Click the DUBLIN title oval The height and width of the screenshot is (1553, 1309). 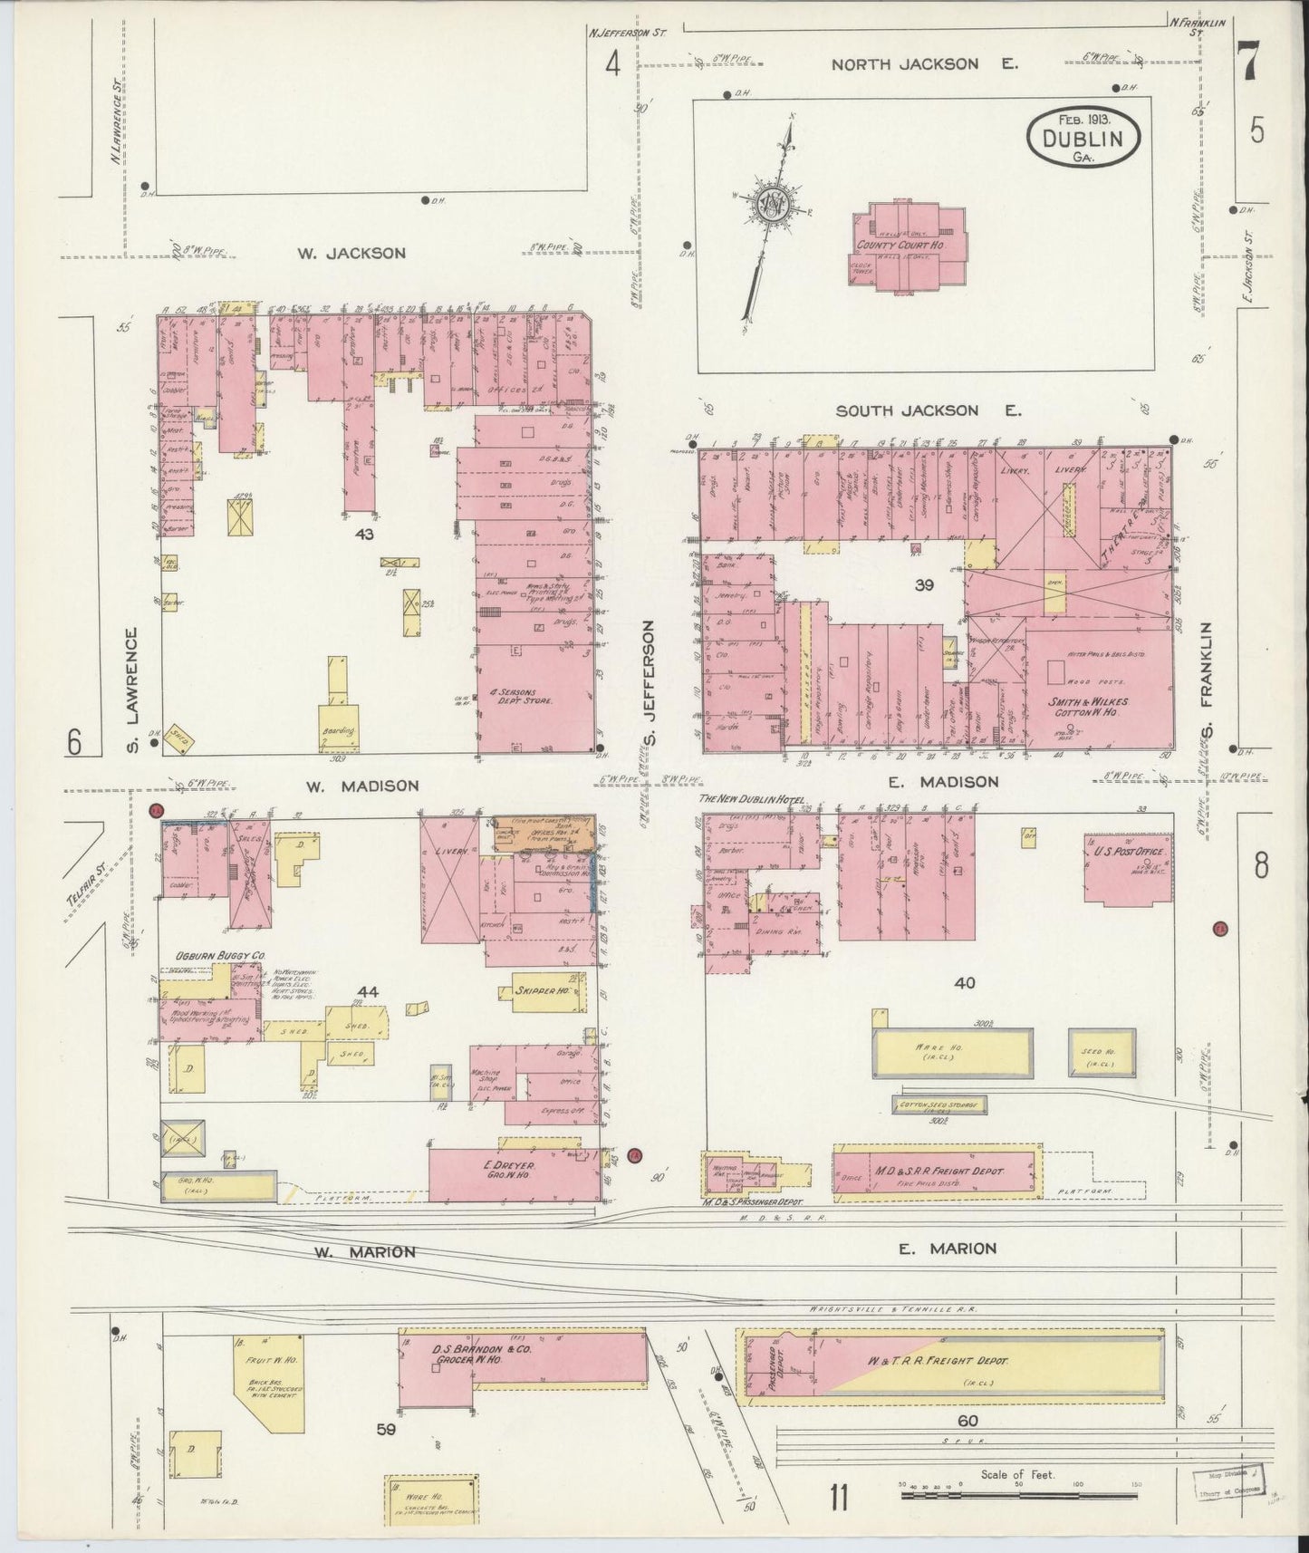[x=1083, y=139]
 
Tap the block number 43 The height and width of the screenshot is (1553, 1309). [x=364, y=535]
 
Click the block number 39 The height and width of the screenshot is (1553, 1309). [x=924, y=585]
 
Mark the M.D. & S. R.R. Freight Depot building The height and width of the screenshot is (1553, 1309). [x=936, y=1171]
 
